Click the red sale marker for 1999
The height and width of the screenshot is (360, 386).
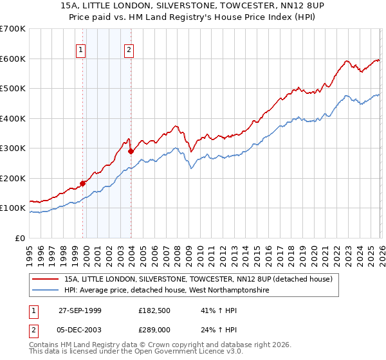click(x=83, y=183)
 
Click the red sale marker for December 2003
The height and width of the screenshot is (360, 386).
click(x=131, y=152)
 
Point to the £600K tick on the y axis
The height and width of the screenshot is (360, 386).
click(x=13, y=59)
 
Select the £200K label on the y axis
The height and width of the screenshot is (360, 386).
click(x=13, y=178)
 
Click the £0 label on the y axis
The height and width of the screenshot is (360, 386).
click(x=19, y=238)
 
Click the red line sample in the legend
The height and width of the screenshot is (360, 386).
click(x=46, y=280)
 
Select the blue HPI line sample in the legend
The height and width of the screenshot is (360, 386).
click(x=46, y=291)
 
